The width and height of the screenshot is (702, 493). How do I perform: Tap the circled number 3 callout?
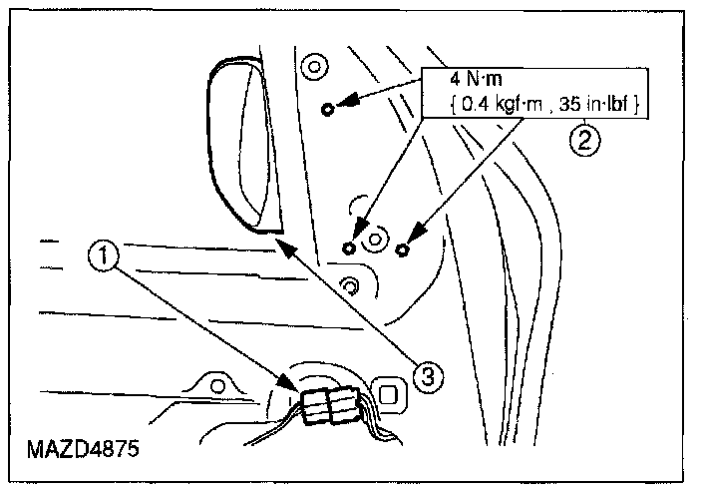(427, 376)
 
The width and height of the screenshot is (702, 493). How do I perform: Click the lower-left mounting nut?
(349, 246)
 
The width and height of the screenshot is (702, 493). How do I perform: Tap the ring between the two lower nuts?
(375, 240)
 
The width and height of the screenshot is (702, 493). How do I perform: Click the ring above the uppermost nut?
(314, 69)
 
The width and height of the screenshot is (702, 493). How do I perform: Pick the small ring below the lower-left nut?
(349, 286)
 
